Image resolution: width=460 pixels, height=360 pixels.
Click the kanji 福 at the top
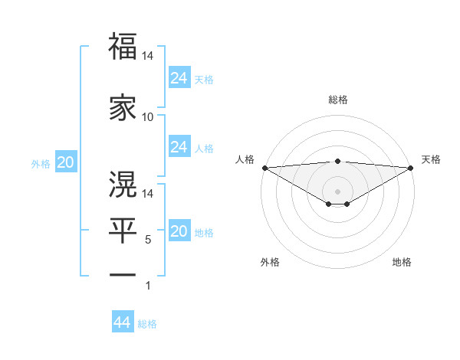(123, 47)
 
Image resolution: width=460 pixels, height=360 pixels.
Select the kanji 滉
(123, 183)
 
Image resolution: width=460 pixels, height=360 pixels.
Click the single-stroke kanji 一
(123, 274)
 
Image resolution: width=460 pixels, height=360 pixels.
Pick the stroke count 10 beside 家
(148, 117)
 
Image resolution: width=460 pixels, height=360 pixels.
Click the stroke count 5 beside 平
(148, 240)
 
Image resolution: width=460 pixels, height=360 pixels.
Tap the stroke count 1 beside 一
(148, 286)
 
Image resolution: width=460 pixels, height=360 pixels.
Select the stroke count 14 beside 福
(148, 57)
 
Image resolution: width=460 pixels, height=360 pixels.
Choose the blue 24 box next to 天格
(179, 78)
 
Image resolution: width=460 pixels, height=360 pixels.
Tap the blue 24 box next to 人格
(179, 147)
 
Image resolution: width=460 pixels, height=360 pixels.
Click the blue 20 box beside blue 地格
(179, 232)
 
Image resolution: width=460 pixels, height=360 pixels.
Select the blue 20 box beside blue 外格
(65, 162)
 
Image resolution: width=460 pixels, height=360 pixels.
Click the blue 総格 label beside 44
(147, 324)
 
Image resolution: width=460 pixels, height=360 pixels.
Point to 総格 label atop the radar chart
(337, 100)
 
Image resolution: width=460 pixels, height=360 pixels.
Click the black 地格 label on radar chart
(402, 263)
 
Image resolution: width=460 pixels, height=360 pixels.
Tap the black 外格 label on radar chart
(270, 263)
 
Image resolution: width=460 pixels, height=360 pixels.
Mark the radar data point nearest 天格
(411, 168)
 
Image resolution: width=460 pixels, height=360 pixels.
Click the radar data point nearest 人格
(264, 168)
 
